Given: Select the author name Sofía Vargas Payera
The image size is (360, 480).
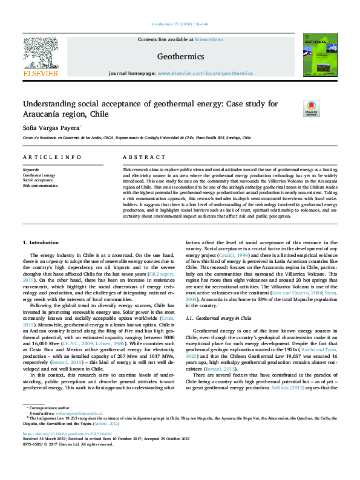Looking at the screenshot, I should tap(51, 129).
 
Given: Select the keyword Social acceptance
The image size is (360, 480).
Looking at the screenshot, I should tap(38, 180).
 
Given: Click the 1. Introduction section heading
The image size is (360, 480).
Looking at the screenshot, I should tap(40, 259).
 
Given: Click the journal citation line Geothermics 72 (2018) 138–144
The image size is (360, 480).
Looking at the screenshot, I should tap(180, 25).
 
